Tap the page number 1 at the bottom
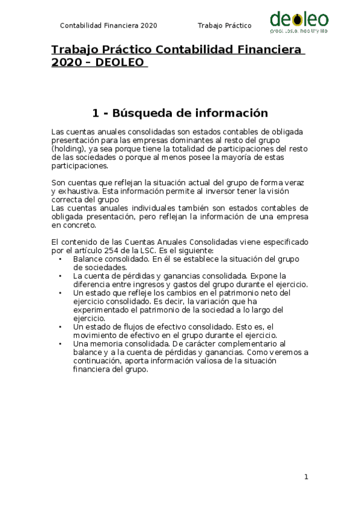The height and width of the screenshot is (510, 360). point(306,477)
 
